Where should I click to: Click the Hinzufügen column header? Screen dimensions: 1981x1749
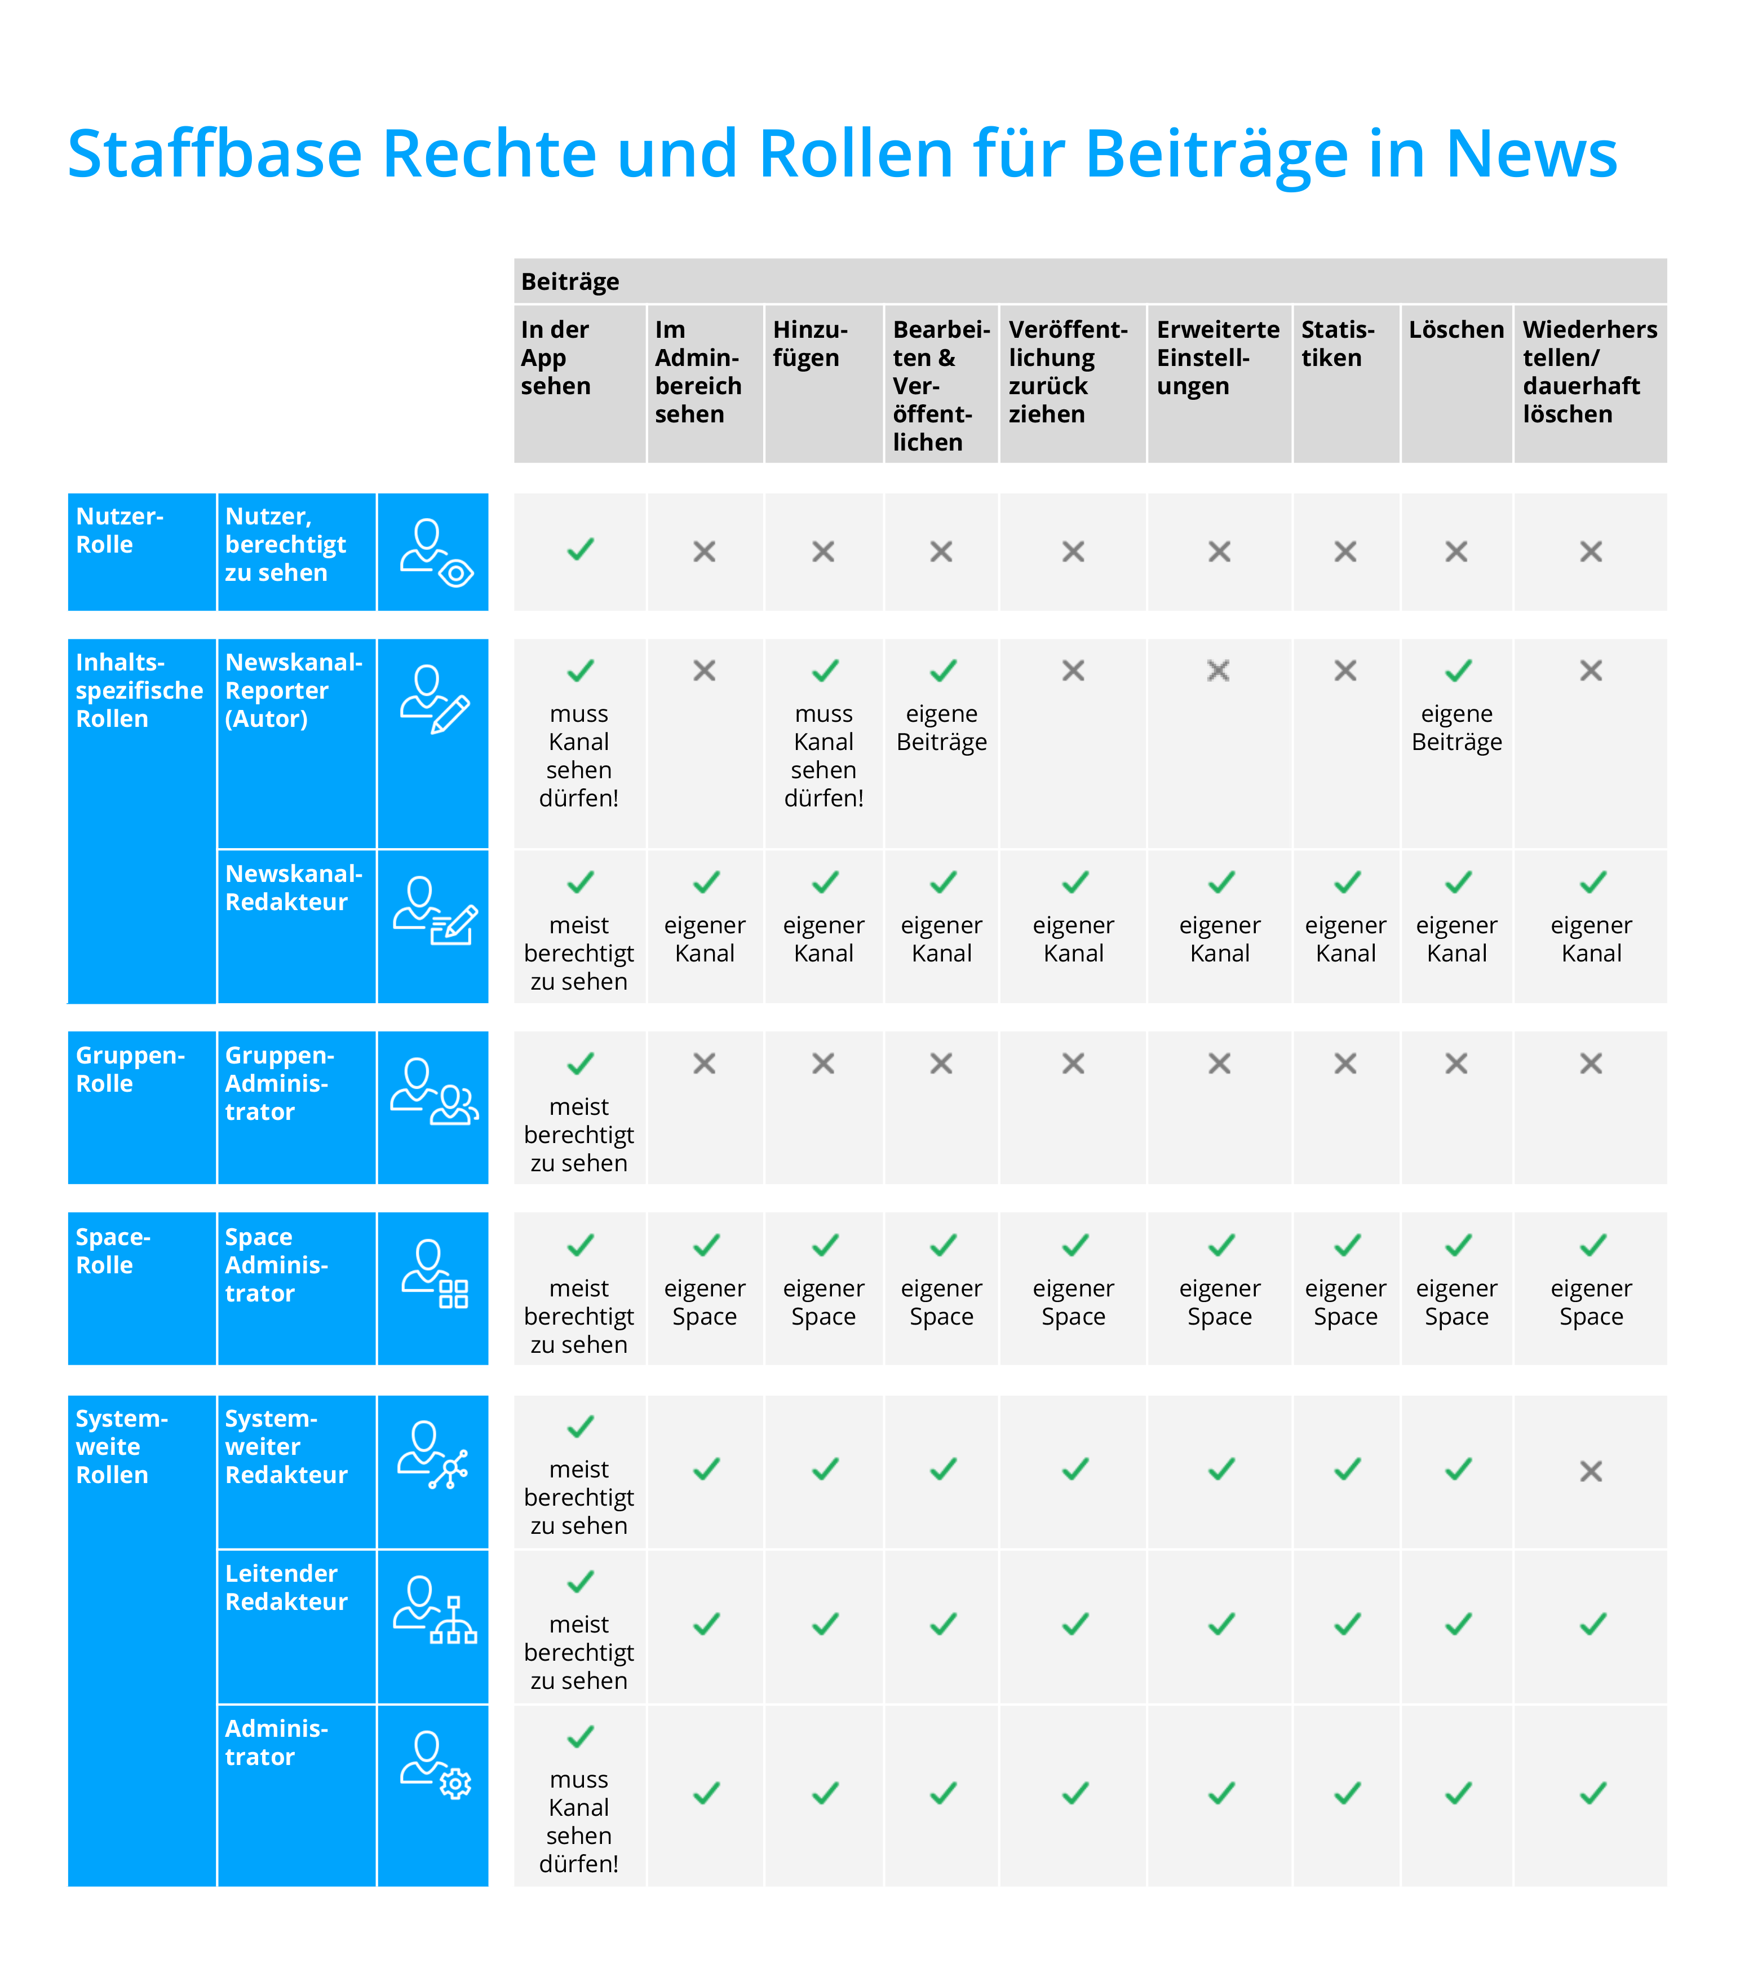click(x=810, y=344)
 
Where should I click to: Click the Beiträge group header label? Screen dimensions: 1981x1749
click(x=570, y=282)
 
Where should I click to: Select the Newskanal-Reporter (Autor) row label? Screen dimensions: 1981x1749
click(x=293, y=690)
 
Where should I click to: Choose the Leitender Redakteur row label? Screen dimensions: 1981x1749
click(x=286, y=1587)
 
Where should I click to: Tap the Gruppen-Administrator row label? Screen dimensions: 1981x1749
click(x=279, y=1083)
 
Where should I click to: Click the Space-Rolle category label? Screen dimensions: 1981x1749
click(x=113, y=1251)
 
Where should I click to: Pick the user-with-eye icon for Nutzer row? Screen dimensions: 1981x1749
click(x=435, y=553)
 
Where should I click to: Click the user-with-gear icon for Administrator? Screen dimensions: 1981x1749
click(x=435, y=1765)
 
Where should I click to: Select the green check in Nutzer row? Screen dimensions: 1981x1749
click(x=581, y=550)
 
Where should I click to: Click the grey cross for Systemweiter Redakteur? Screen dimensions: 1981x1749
click(x=1590, y=1471)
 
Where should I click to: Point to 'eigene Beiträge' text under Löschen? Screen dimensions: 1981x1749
click(x=1456, y=728)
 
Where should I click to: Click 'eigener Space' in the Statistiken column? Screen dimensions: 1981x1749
click(x=1345, y=1303)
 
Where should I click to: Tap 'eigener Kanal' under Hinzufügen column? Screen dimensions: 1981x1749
click(x=823, y=939)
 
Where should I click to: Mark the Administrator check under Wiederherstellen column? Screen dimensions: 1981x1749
click(x=1592, y=1793)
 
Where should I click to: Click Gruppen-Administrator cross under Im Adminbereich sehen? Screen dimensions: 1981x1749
click(x=705, y=1064)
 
